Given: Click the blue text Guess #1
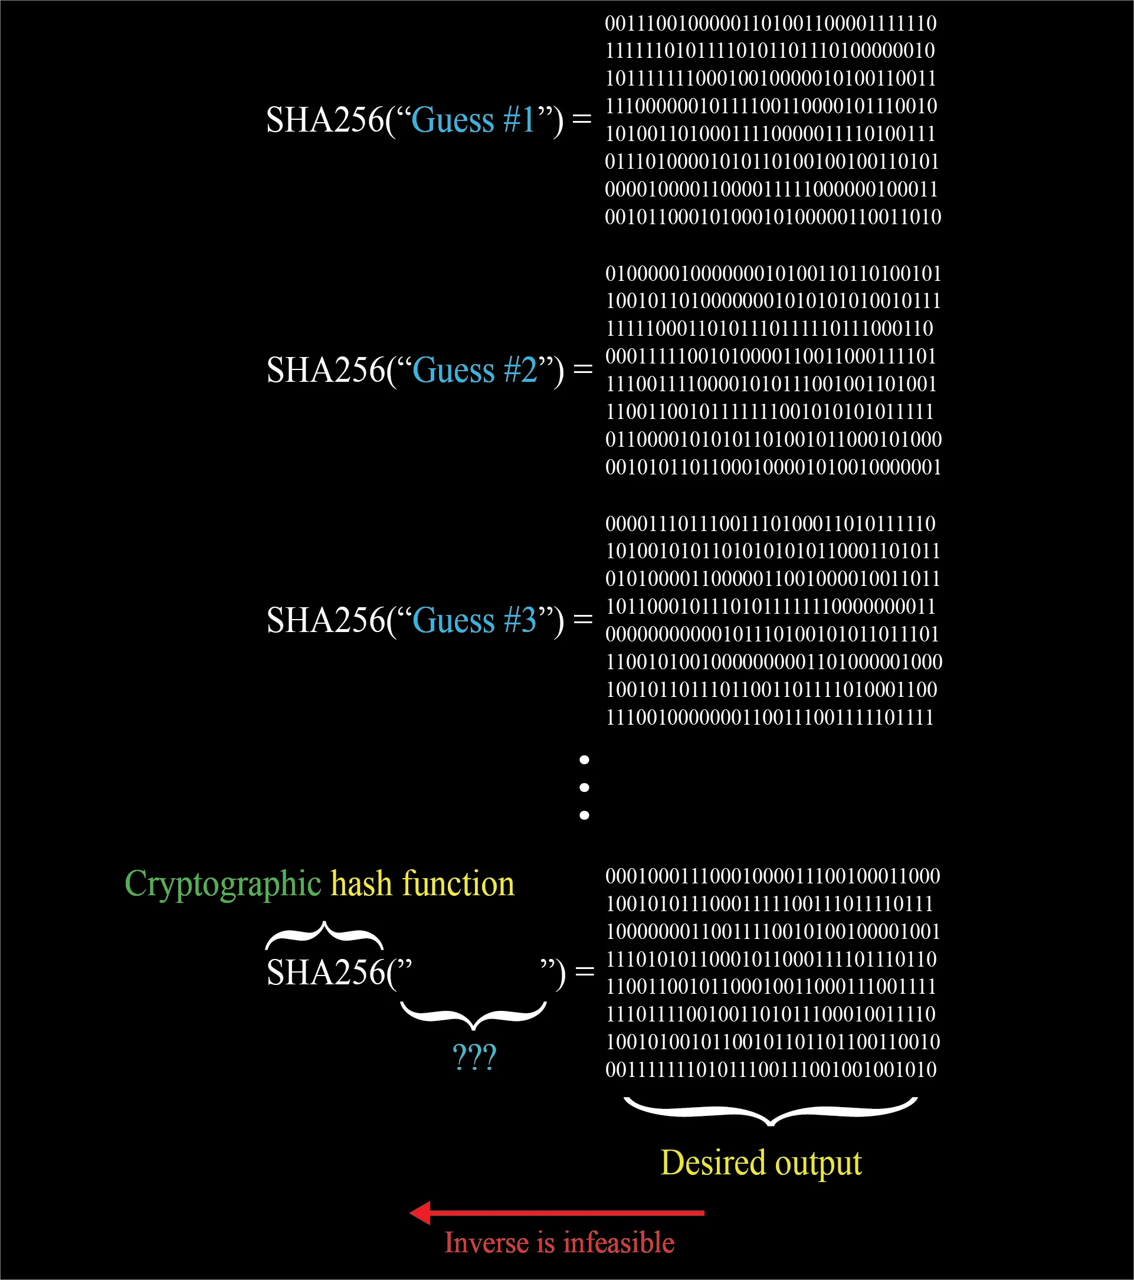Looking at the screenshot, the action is (x=473, y=120).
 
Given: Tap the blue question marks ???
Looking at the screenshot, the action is (x=474, y=1057).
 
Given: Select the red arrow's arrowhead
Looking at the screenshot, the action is (x=420, y=1213).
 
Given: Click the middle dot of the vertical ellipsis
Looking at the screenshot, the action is (x=584, y=788).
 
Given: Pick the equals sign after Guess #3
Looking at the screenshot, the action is (x=583, y=618).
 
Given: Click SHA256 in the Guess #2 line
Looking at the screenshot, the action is (x=326, y=370).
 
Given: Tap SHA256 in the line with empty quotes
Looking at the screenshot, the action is (x=326, y=973).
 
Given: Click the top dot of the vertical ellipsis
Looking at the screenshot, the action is (x=584, y=760).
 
